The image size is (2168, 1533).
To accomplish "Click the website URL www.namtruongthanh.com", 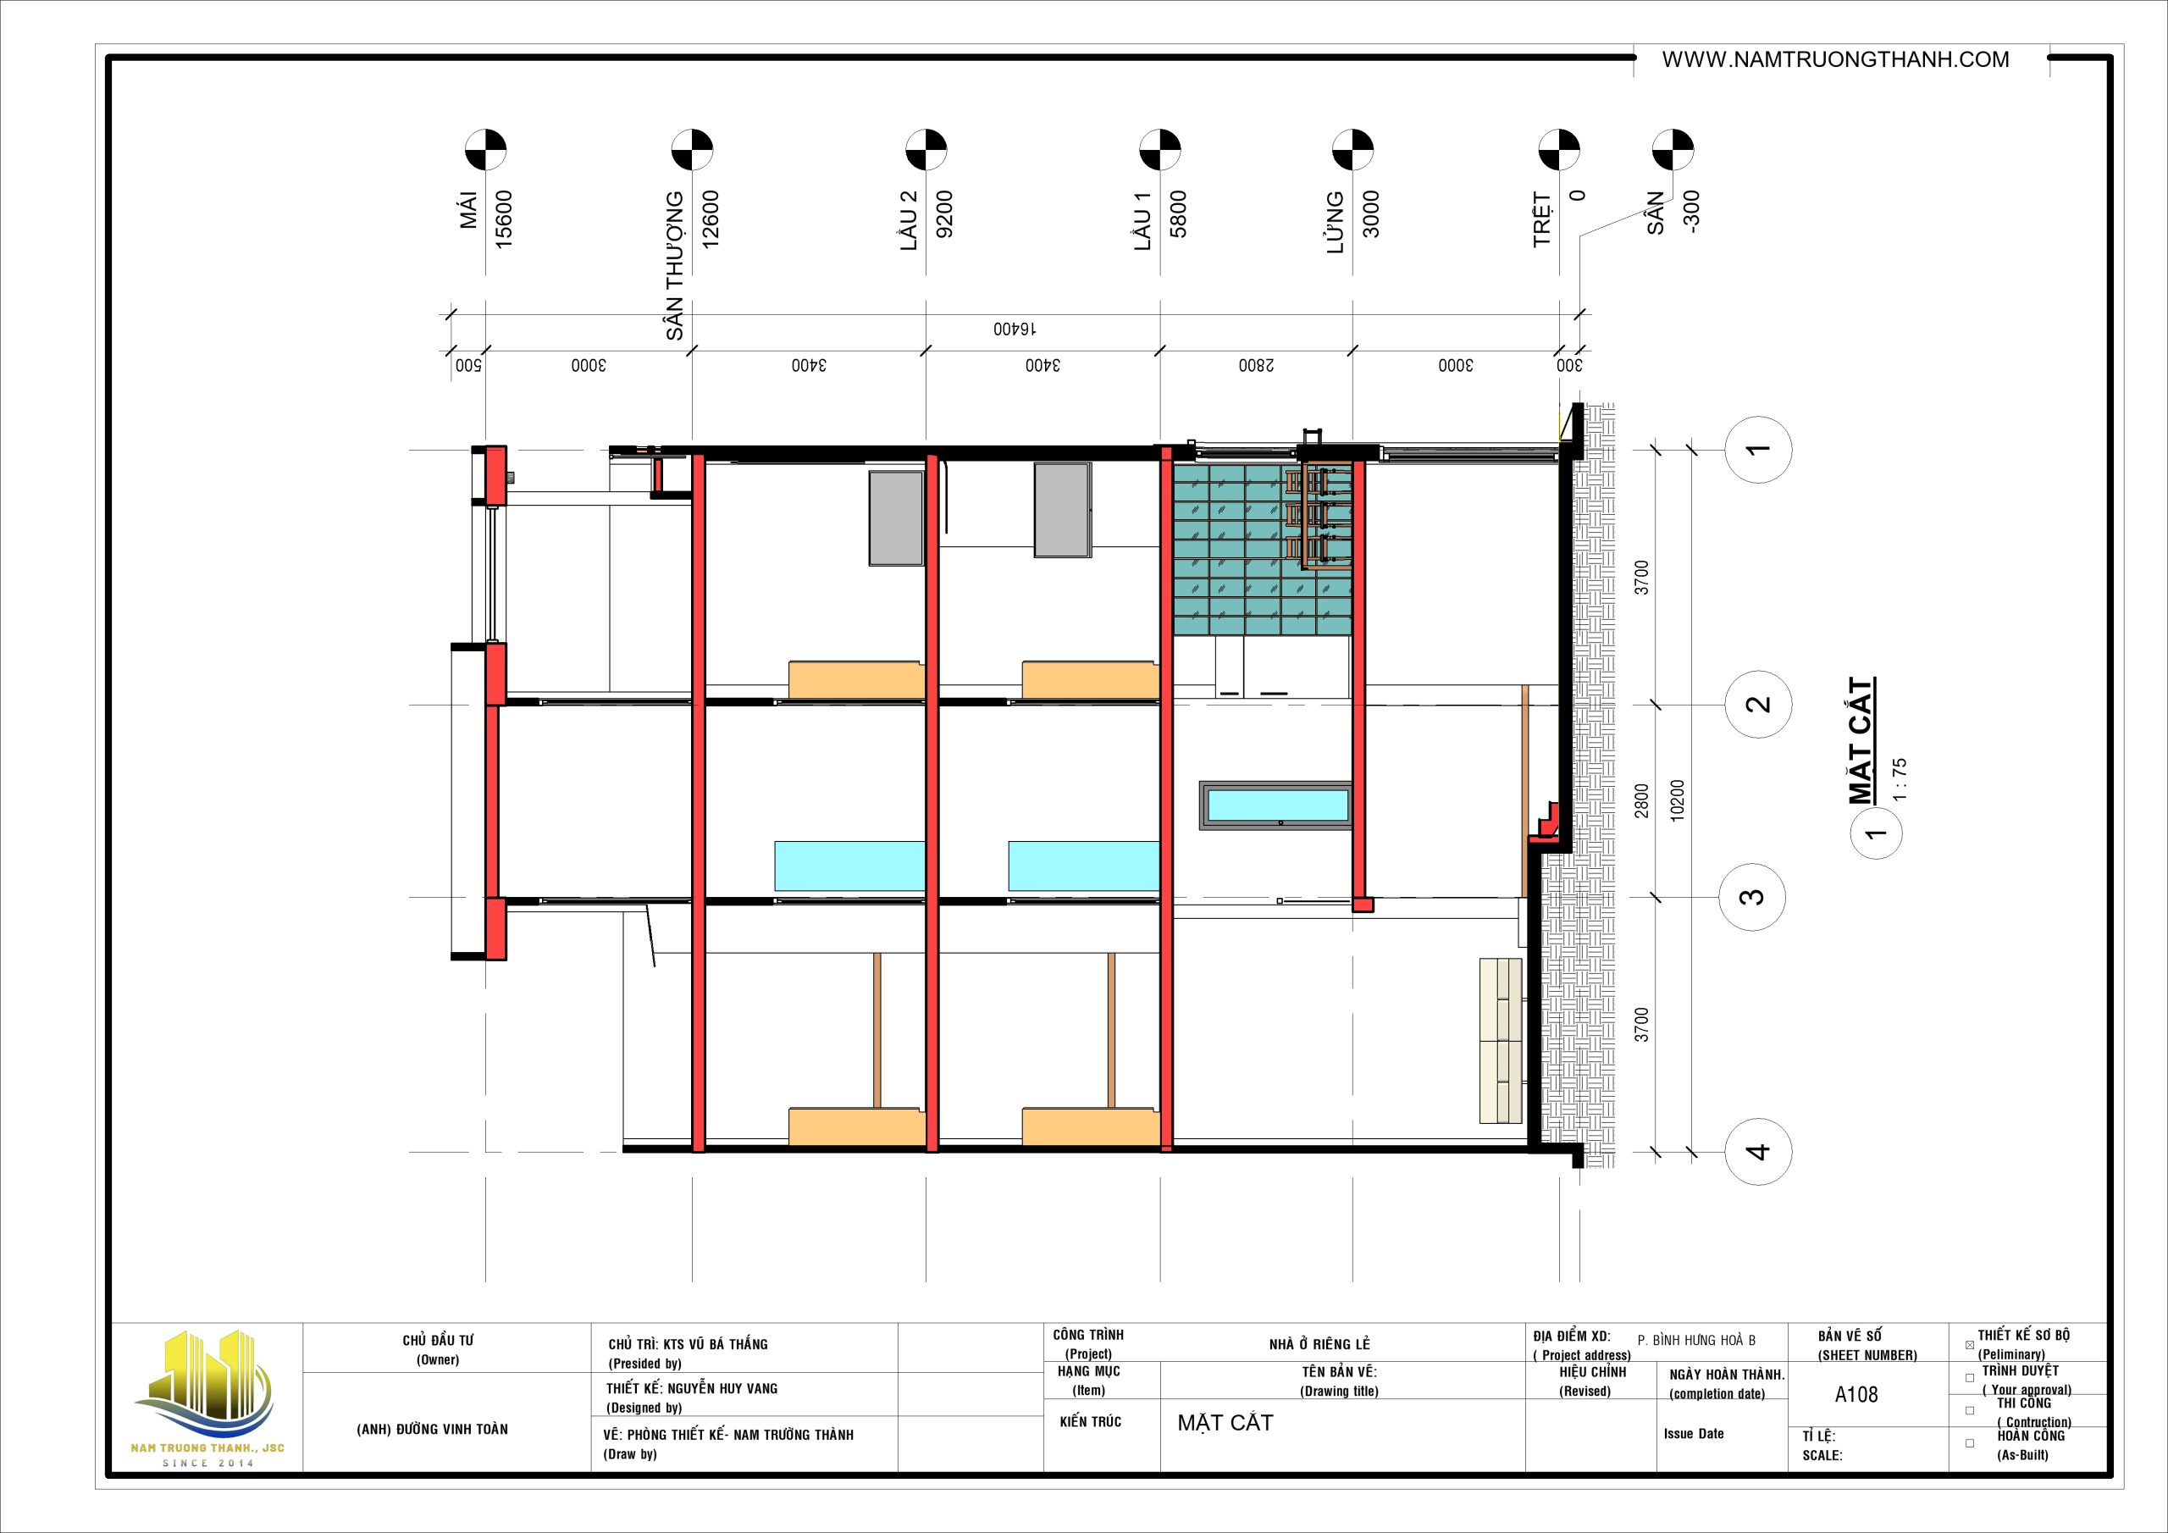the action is click(1836, 59).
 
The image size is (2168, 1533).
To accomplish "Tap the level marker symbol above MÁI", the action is click(485, 150).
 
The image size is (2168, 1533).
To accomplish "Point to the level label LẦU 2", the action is click(909, 220).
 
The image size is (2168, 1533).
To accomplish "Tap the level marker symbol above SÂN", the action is click(1673, 150).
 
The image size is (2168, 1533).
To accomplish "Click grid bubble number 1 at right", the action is click(1758, 450).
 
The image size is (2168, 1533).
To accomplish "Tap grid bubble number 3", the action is click(1751, 896).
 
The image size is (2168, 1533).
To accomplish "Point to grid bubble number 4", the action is click(1758, 1151).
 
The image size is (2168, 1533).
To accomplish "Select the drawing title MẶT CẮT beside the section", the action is click(1861, 740).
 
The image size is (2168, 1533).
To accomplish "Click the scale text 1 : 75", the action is click(1900, 779).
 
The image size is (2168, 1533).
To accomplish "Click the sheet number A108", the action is click(1856, 1394).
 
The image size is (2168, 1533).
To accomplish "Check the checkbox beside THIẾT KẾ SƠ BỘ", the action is click(1970, 1345).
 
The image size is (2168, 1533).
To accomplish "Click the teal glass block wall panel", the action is click(1262, 549).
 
